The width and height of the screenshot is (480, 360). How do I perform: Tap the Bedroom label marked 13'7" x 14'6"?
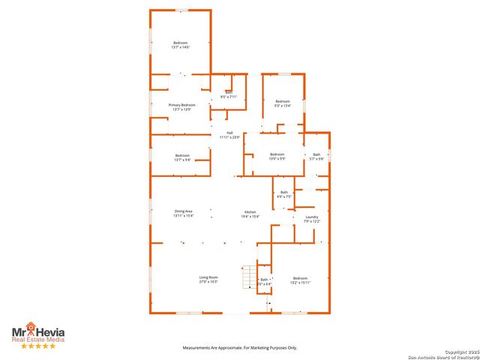[181, 45]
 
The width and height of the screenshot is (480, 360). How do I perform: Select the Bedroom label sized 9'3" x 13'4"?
[282, 103]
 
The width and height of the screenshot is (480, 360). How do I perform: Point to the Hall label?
[229, 135]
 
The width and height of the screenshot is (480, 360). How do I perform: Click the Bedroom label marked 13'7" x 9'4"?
[182, 157]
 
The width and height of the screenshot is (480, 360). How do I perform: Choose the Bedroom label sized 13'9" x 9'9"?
[277, 157]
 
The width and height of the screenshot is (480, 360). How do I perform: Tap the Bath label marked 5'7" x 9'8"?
[316, 157]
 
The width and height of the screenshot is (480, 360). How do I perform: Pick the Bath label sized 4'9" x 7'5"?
[284, 195]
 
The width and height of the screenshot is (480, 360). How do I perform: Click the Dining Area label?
[184, 214]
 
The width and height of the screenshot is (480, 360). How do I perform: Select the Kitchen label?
[250, 214]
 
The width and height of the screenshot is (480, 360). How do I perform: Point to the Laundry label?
[312, 219]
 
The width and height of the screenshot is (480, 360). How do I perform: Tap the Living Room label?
[208, 280]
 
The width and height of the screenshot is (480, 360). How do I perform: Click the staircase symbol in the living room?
[247, 277]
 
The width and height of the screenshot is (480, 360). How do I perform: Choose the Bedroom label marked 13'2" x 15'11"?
[300, 280]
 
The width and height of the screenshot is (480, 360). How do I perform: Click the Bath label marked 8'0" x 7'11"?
[229, 95]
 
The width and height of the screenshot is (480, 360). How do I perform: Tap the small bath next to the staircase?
[264, 281]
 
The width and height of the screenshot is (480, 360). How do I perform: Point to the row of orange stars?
[37, 346]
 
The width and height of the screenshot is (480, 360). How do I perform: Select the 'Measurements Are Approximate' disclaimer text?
[241, 348]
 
